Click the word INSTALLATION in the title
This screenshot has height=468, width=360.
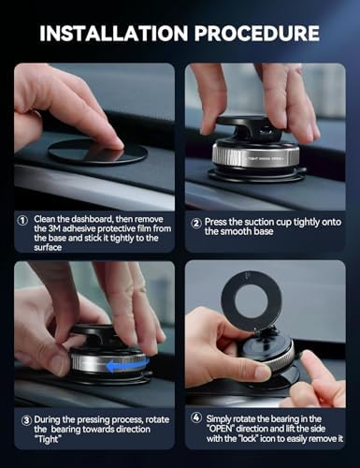[114, 33]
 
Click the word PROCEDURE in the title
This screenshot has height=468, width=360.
[257, 33]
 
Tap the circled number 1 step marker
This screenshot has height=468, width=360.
[22, 220]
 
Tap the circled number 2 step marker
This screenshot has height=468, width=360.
[196, 224]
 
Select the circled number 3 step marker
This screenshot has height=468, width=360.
[26, 420]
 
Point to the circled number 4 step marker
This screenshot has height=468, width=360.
[196, 417]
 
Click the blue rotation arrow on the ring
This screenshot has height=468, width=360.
[128, 365]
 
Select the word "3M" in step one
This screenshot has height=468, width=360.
[54, 228]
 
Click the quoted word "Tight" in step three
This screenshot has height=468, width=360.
[48, 439]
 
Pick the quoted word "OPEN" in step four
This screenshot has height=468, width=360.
[221, 429]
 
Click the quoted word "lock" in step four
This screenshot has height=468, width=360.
[248, 438]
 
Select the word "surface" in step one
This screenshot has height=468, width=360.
[48, 247]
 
